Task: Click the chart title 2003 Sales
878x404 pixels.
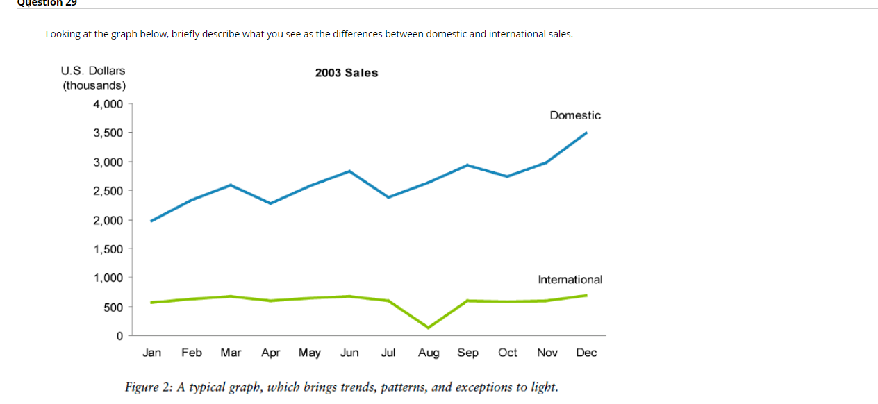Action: [347, 73]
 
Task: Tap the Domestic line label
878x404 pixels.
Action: [575, 115]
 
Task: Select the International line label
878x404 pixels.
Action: [570, 279]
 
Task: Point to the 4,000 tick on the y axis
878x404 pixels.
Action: [108, 104]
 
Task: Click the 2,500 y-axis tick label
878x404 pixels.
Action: [108, 191]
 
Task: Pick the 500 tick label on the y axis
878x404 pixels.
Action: [114, 307]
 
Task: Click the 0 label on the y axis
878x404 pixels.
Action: [119, 336]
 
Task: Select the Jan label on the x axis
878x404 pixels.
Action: [151, 353]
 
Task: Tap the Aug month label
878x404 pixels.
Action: [429, 353]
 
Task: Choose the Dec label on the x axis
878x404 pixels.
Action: [586, 353]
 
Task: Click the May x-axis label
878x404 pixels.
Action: [310, 353]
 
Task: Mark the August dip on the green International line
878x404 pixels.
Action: [428, 328]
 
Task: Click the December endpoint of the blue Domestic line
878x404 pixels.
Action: [586, 133]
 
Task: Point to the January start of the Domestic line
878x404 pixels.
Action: [151, 221]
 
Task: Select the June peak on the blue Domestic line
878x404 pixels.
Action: [349, 171]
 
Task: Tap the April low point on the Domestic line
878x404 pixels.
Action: [270, 203]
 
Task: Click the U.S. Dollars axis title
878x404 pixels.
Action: [93, 70]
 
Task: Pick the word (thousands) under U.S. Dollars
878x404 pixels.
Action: [94, 85]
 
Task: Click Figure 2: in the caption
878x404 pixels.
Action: [149, 387]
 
